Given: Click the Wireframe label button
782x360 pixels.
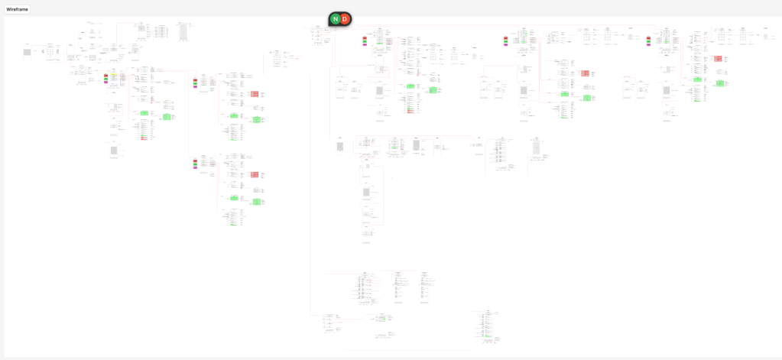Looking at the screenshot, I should click(17, 8).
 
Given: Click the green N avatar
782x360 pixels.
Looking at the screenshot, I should click(335, 19).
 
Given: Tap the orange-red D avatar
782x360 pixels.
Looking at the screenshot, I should click(346, 19).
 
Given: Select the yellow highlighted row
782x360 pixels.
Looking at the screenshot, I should click(113, 75).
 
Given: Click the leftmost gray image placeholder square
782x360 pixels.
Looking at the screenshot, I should click(27, 52).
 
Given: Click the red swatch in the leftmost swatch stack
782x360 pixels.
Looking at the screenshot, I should click(108, 75).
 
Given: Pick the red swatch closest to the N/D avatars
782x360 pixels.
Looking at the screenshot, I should click(365, 37).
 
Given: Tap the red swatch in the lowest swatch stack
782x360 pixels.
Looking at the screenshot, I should click(195, 161).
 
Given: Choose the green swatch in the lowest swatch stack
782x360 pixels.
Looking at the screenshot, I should click(195, 165).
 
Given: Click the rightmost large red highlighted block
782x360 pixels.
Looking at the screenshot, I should click(719, 59).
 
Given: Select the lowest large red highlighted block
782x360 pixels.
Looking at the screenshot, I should click(255, 175).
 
